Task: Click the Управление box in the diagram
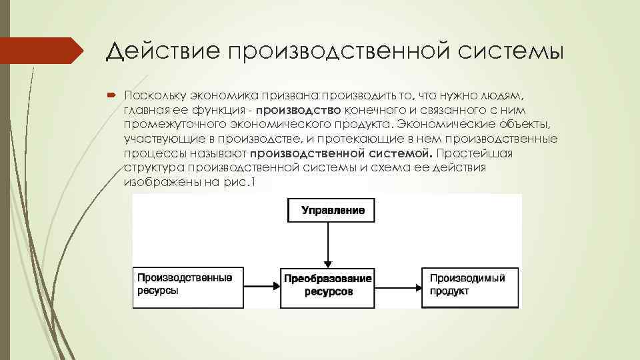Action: [331, 211]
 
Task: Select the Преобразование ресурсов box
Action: [328, 285]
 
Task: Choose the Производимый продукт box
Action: [469, 285]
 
